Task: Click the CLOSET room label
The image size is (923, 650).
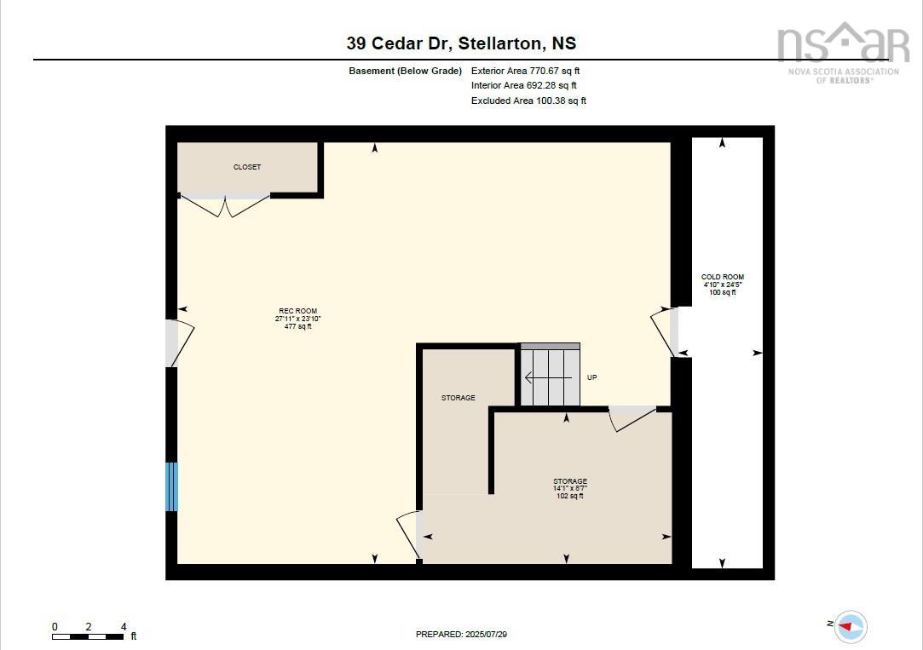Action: (247, 167)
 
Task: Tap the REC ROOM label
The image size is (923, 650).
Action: (297, 311)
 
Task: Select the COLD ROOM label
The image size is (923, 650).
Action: (723, 277)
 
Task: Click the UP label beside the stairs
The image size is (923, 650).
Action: (592, 377)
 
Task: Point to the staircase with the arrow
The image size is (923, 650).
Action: (550, 377)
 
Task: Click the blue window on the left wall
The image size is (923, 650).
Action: (172, 486)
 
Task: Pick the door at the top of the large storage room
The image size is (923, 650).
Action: (632, 417)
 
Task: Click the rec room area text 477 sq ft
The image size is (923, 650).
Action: (297, 326)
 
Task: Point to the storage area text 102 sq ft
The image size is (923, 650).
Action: (569, 496)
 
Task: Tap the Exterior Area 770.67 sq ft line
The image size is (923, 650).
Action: (525, 71)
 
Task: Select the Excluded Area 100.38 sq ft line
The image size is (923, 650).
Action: (528, 101)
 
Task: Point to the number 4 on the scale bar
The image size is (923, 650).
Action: (124, 626)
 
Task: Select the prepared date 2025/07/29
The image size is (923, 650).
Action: (467, 634)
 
